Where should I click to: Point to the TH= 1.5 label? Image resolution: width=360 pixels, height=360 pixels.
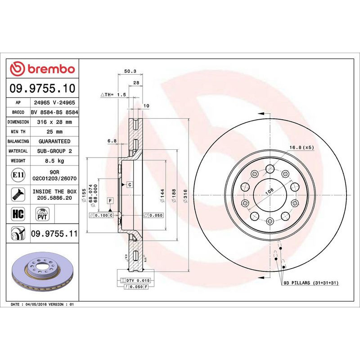[113, 95]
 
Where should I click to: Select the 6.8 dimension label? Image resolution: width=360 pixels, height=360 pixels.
[112, 141]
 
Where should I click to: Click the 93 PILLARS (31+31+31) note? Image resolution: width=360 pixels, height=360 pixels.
[310, 283]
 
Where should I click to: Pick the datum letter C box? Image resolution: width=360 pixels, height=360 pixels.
[129, 184]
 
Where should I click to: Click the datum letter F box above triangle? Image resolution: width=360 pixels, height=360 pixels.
[110, 199]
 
